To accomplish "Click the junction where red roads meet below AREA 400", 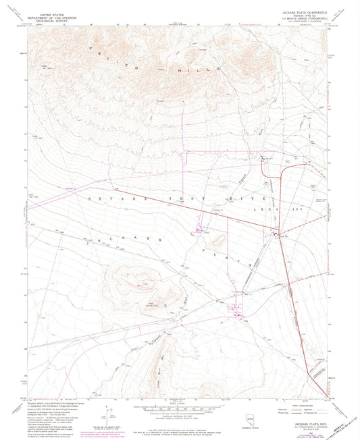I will (276, 233).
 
